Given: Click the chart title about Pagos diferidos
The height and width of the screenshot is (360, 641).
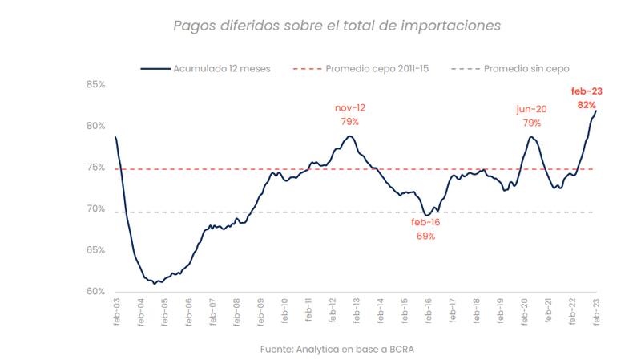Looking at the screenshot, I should (x=337, y=26).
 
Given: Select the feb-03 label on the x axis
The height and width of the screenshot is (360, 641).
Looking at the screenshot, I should (x=116, y=311).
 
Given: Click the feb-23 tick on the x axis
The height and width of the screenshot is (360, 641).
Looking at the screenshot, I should (x=596, y=311).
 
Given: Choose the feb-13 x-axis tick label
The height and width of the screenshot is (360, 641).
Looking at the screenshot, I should (x=356, y=311).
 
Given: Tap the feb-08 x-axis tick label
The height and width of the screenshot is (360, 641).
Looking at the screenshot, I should (x=236, y=311).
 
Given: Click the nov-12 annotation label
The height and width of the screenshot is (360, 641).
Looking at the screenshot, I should (x=350, y=107).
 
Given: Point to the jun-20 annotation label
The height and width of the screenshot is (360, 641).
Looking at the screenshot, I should (x=531, y=108).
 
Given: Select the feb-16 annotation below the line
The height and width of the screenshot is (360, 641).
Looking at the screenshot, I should (x=425, y=222).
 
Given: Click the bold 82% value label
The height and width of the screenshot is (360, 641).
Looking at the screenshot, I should (x=587, y=105).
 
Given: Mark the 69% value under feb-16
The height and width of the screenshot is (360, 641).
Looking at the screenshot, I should (x=425, y=236).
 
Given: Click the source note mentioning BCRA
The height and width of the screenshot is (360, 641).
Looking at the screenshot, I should (x=337, y=349).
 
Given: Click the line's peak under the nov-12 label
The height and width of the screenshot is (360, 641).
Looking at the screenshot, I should (x=350, y=136).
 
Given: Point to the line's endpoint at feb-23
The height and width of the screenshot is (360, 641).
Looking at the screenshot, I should (x=596, y=111).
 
